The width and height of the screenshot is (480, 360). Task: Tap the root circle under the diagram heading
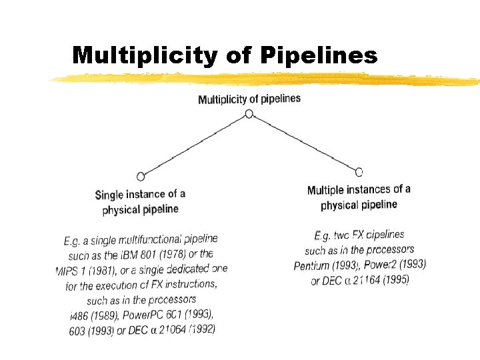[x=249, y=114]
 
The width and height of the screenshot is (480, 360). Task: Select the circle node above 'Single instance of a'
[x=140, y=177]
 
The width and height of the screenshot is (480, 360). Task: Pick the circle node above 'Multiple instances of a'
[x=359, y=171]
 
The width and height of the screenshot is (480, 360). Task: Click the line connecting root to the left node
[x=194, y=145]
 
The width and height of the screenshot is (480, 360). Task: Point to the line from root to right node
[x=303, y=143]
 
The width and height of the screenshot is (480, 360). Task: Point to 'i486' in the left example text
[x=79, y=315]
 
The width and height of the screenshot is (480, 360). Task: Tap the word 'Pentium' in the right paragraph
[x=312, y=266]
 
